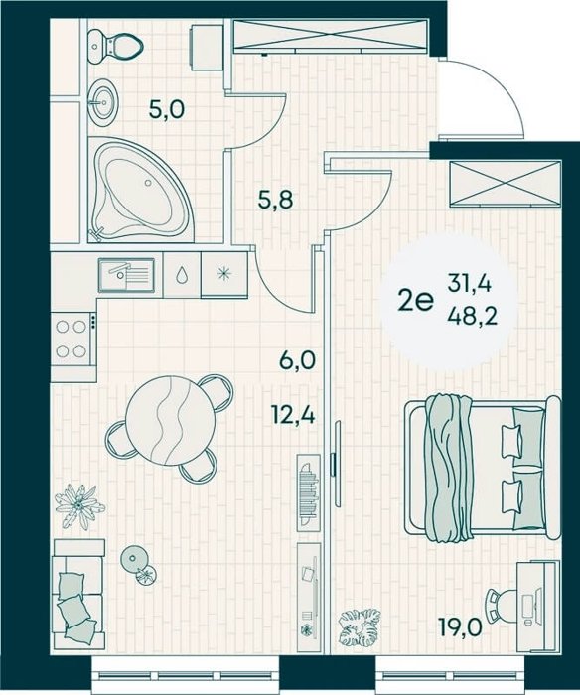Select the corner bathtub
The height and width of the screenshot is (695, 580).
[x=138, y=189]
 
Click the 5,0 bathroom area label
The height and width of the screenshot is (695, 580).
[x=166, y=109]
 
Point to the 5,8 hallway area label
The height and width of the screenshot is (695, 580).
[x=276, y=200]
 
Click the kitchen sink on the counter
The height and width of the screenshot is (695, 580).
[x=126, y=275]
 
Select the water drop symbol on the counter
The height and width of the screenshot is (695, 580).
[x=182, y=275]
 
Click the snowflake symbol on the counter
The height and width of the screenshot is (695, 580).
[x=223, y=273]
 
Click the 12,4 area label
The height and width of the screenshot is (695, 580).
[x=294, y=415]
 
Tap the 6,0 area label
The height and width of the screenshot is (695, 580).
[x=297, y=359]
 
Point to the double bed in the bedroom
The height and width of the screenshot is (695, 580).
[x=483, y=469]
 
